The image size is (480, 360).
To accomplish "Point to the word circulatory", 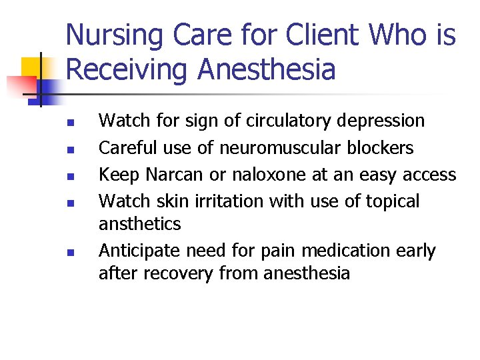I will pyautogui.click(x=289, y=121).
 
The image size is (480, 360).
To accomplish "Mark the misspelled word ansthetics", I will pyautogui.click(x=139, y=223).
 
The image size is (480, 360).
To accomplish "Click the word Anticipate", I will pyautogui.click(x=139, y=251).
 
